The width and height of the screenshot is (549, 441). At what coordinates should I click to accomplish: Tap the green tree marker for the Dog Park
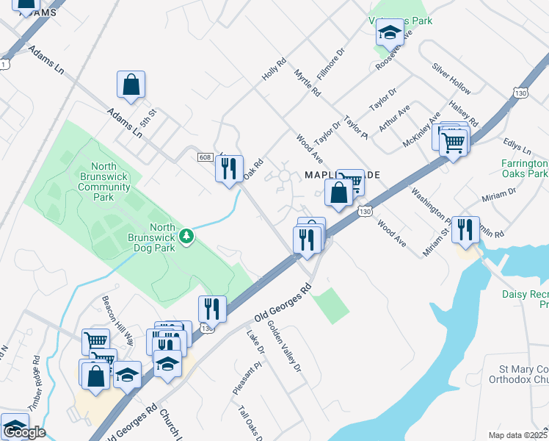pyautogui.click(x=188, y=236)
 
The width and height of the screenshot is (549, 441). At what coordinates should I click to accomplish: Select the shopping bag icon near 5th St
pyautogui.click(x=131, y=85)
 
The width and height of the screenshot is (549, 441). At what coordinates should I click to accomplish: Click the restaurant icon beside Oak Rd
pyautogui.click(x=229, y=168)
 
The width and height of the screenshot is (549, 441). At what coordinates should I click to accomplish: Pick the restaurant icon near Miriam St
pyautogui.click(x=465, y=230)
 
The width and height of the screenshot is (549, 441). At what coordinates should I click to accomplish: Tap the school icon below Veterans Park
pyautogui.click(x=390, y=33)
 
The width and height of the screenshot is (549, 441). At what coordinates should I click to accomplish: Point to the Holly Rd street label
pyautogui.click(x=273, y=71)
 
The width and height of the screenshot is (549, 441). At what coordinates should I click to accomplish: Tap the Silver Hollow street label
pyautogui.click(x=451, y=77)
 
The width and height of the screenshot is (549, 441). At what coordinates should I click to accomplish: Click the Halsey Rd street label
pyautogui.click(x=464, y=113)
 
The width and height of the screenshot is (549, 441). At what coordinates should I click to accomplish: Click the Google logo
pyautogui.click(x=24, y=432)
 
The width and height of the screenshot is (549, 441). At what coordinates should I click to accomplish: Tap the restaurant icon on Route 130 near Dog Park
pyautogui.click(x=211, y=308)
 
